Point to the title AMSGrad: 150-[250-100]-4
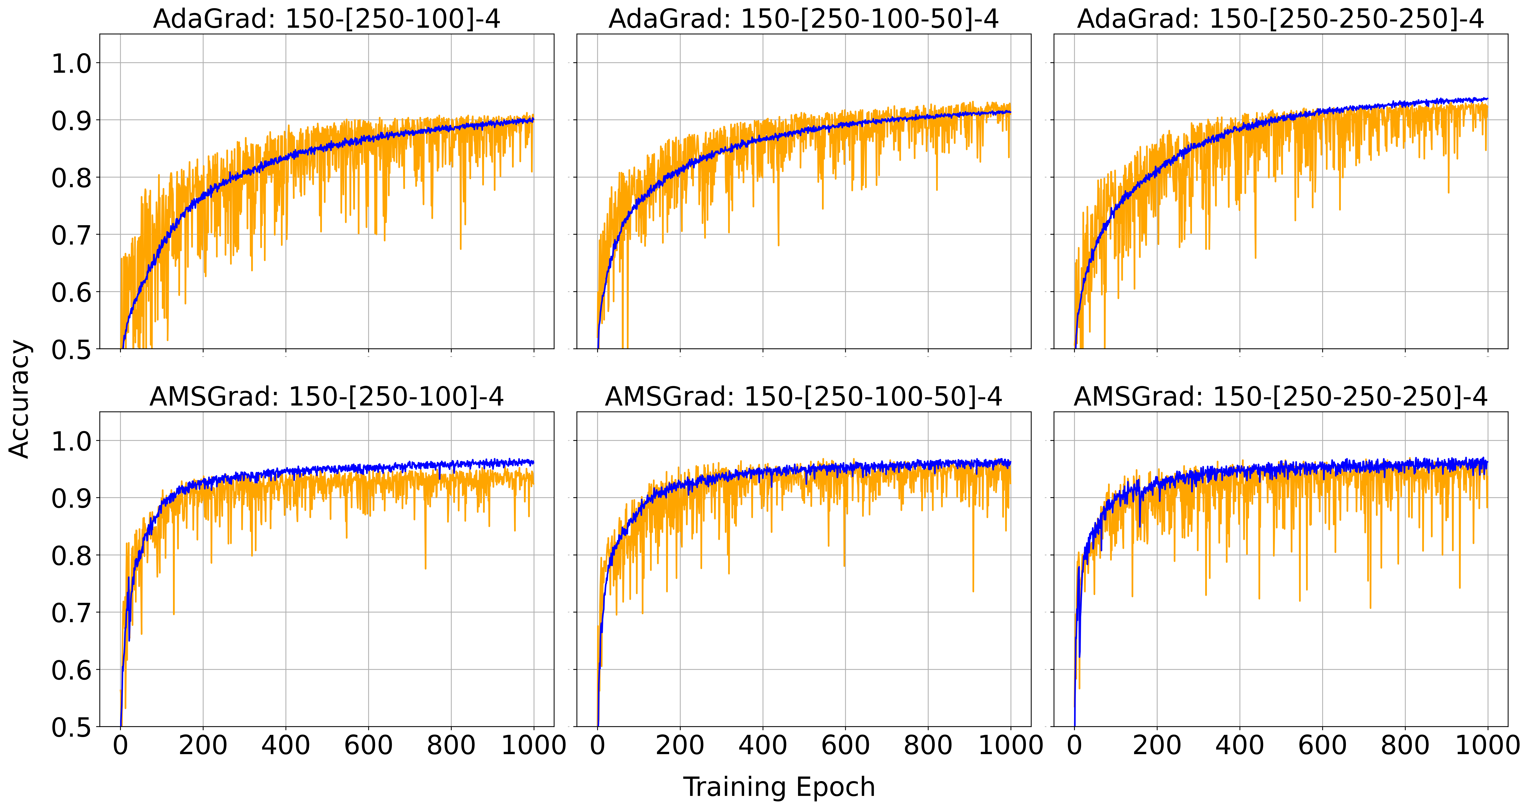tap(326, 397)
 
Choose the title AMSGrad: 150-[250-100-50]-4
tap(804, 397)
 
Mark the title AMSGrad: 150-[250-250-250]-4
tap(1280, 397)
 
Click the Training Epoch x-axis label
tap(779, 787)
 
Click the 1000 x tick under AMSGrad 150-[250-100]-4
tap(534, 745)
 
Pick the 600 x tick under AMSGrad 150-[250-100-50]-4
tap(845, 745)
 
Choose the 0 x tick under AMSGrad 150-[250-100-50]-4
tap(598, 745)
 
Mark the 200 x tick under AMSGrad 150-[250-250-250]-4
tap(1157, 745)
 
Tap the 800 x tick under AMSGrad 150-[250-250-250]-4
tap(1405, 745)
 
